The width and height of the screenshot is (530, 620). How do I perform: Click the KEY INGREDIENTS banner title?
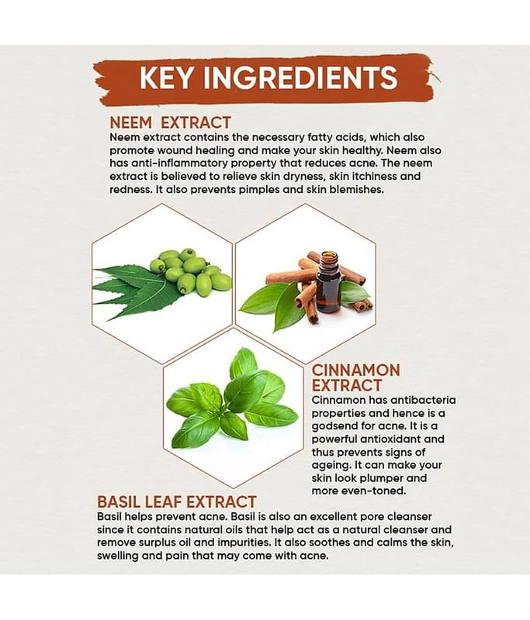pos(268,78)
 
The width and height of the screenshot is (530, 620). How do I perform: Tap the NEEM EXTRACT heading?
pos(170,122)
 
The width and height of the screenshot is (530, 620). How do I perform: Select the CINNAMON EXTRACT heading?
pos(355,377)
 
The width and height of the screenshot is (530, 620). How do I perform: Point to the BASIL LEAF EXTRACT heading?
pos(176,501)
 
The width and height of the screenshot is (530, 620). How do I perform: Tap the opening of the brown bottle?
pos(329,253)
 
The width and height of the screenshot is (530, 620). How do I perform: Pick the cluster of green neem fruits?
pos(190,270)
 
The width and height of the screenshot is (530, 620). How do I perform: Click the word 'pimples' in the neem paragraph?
pos(259,190)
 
